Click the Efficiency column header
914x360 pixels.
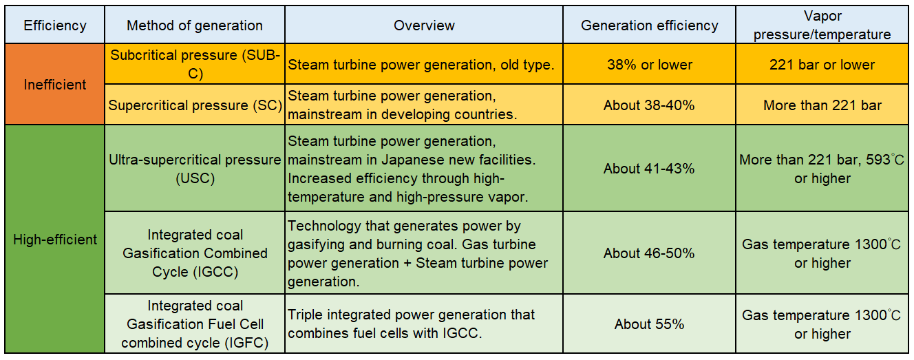[x=55, y=26]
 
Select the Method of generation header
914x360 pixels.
[x=195, y=26]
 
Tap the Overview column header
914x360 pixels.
[x=424, y=26]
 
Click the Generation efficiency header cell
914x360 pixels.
[x=649, y=26]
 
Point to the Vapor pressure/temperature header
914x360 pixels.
[x=822, y=26]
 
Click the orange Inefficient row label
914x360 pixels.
[x=55, y=85]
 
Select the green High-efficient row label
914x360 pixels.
[x=55, y=240]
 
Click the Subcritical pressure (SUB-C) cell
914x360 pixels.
[x=195, y=65]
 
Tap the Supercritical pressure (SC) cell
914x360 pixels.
[x=195, y=105]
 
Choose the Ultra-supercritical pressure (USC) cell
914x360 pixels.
[x=195, y=169]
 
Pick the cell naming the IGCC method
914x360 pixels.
[x=195, y=253]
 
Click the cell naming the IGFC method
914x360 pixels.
[x=195, y=324]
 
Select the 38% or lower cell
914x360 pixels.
[x=649, y=65]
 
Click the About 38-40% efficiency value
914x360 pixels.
[x=649, y=105]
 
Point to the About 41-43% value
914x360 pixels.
[x=649, y=169]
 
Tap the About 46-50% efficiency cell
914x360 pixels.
[x=649, y=253]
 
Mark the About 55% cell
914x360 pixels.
[x=649, y=324]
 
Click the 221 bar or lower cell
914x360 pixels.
[x=822, y=65]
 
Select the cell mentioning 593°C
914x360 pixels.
[x=822, y=169]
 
